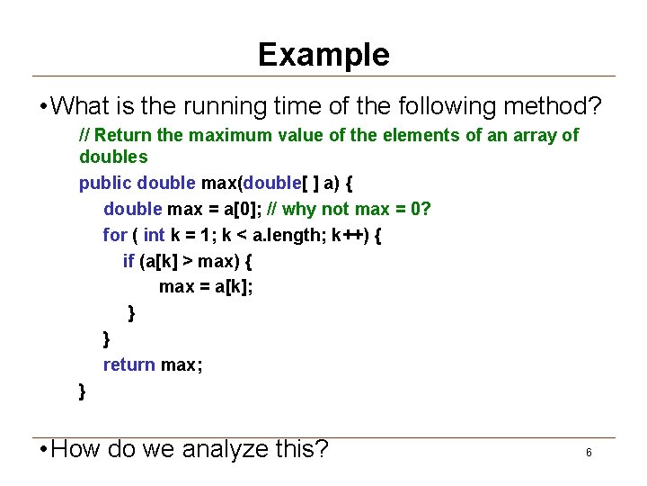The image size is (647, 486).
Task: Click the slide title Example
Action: (323, 55)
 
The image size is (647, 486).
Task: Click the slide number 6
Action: (589, 453)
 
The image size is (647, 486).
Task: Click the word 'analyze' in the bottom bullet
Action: (223, 448)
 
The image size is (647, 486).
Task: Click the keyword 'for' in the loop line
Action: (115, 235)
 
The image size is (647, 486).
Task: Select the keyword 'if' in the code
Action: (129, 261)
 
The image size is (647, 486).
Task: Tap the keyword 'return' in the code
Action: (129, 364)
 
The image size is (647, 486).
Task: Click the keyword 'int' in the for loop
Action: (155, 235)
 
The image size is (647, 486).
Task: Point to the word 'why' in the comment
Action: (315, 209)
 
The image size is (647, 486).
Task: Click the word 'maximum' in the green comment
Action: (203, 135)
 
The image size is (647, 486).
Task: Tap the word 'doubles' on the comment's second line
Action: (113, 157)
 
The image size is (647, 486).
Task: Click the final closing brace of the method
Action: (83, 391)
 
